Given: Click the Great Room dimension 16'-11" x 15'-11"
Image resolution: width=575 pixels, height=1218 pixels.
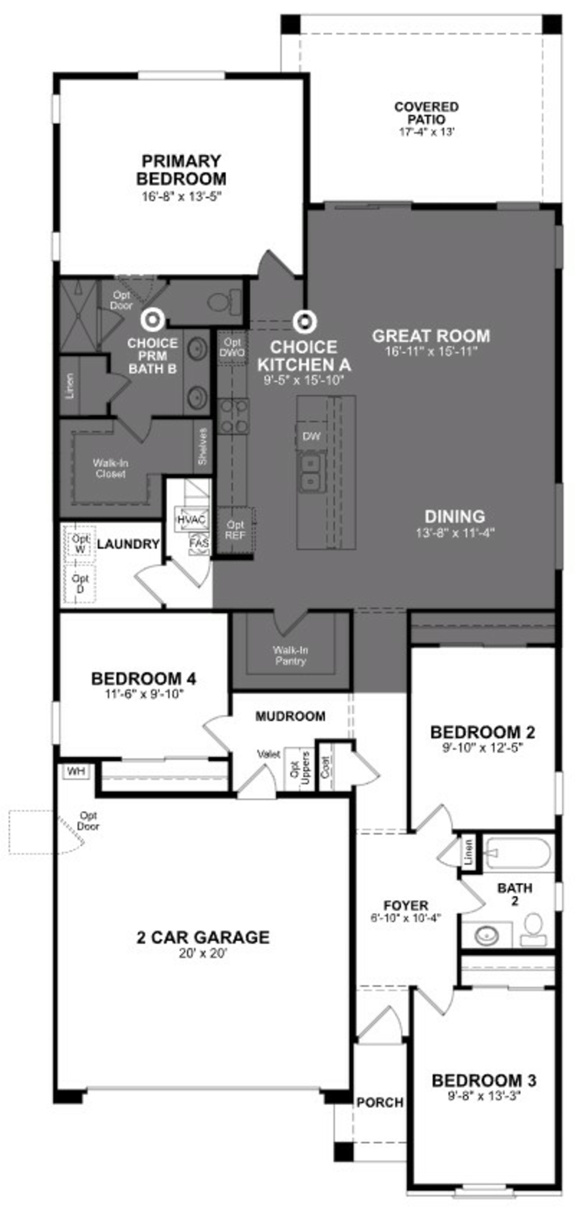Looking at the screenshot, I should (x=431, y=351).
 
